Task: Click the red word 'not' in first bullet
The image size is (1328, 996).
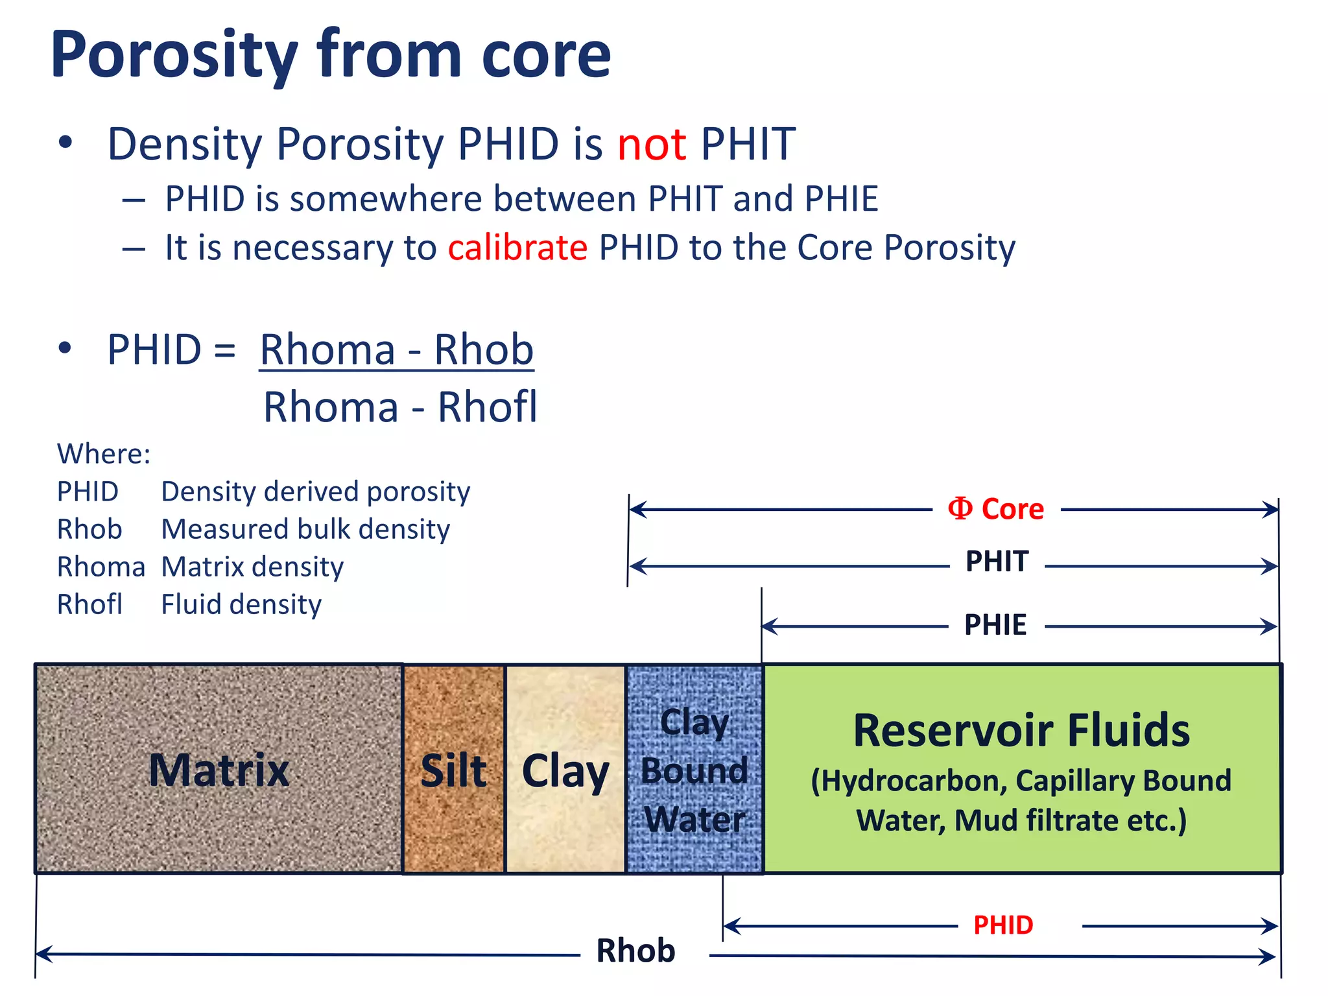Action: coord(651,144)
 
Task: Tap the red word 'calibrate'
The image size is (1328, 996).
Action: coord(517,248)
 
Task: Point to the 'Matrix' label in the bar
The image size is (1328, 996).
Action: coord(219,770)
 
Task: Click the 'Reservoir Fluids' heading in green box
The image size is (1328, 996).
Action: coord(1021,730)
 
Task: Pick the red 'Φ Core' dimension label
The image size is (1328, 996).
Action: coord(996,509)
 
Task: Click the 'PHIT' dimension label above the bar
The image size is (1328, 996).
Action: coord(997,562)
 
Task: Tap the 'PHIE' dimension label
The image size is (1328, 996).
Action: coord(995,625)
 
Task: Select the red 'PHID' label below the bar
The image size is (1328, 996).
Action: coord(1003,925)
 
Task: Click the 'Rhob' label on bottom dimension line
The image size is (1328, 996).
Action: coord(635,951)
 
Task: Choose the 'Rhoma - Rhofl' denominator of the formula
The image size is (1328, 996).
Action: coord(400,407)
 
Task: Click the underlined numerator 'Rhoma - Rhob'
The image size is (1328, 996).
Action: coord(396,350)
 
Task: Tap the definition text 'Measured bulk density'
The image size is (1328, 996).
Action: coord(305,529)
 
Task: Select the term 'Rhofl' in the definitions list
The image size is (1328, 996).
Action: coord(89,604)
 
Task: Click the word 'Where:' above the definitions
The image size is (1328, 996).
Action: coord(104,453)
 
